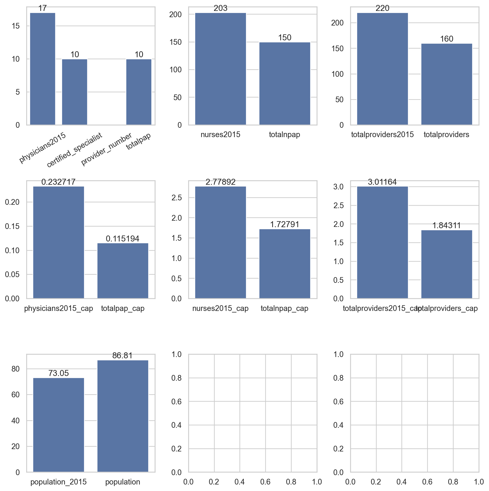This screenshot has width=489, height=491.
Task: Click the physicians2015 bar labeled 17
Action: click(x=43, y=69)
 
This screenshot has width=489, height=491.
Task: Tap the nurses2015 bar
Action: click(x=220, y=69)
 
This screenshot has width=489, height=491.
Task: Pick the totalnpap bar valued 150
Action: click(x=285, y=83)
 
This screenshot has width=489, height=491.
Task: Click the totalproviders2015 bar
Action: click(x=382, y=69)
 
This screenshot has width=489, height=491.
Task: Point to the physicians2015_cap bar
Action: click(x=58, y=242)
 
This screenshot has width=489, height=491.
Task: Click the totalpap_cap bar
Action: click(x=123, y=271)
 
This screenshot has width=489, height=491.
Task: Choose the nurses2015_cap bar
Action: click(x=220, y=242)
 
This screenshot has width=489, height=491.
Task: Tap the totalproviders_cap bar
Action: click(x=447, y=264)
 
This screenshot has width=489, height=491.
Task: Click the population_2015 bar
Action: click(x=58, y=425)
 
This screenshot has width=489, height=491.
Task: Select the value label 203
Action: click(x=220, y=8)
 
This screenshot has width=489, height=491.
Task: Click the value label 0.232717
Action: click(x=58, y=182)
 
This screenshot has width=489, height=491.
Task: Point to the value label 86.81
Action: click(x=122, y=355)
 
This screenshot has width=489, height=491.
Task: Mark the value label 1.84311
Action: click(x=447, y=225)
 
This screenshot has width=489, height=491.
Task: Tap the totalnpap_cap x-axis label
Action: click(x=284, y=308)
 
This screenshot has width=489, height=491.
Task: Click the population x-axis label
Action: click(x=123, y=482)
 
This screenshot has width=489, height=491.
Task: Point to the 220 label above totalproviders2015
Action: click(x=382, y=8)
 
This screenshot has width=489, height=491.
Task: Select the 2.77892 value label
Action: click(x=220, y=182)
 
